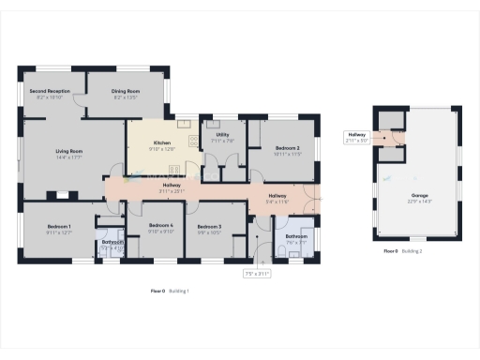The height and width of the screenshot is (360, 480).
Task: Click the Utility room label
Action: pos(222,135)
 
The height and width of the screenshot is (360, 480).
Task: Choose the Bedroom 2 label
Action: pos(287,148)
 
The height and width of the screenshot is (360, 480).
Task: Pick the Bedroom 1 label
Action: pos(59,227)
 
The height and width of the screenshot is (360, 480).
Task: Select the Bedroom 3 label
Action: pos(209,227)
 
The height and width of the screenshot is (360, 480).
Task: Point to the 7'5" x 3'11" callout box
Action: pos(257,274)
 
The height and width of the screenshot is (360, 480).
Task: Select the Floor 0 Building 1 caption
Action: pos(170,291)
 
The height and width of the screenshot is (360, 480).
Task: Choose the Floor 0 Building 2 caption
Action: pos(404,252)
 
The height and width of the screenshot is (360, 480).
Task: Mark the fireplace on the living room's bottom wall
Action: pos(63,196)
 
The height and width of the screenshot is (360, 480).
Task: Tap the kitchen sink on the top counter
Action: pos(180,125)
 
